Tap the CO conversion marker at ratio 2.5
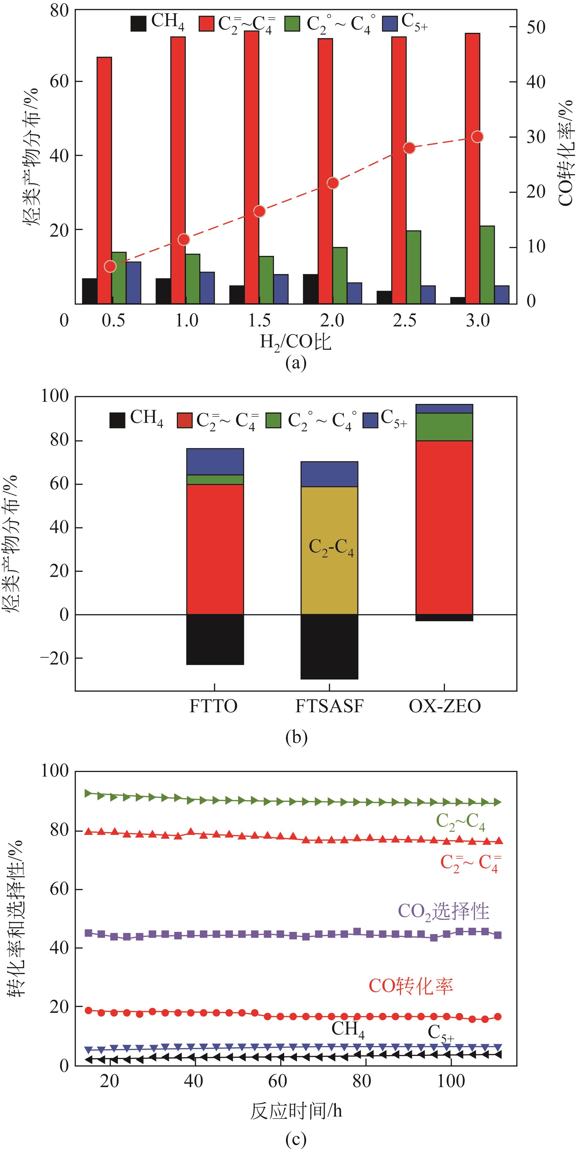(409, 148)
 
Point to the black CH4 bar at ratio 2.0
(310, 289)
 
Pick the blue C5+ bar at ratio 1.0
(207, 287)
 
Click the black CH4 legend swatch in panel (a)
(138, 24)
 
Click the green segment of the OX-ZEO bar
(444, 427)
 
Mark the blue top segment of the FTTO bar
(215, 461)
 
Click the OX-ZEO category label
(444, 706)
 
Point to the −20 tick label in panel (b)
(55, 659)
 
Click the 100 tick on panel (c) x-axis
(451, 1081)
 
